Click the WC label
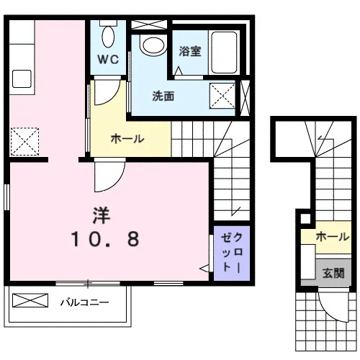(x=108, y=59)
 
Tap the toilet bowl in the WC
(x=108, y=36)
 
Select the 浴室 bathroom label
(x=190, y=51)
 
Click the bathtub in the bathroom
(x=224, y=53)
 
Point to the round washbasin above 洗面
(x=153, y=45)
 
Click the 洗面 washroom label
(x=163, y=96)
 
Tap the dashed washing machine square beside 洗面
(x=222, y=96)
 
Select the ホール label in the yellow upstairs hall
(x=127, y=139)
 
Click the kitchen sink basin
(x=22, y=78)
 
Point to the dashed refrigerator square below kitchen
(x=24, y=142)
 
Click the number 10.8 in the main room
(x=105, y=238)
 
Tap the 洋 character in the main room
(x=102, y=215)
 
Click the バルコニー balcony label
(x=84, y=302)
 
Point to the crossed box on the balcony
(x=30, y=300)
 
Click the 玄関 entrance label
(x=333, y=273)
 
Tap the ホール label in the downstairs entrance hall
(x=333, y=237)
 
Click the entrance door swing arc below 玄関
(x=329, y=312)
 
